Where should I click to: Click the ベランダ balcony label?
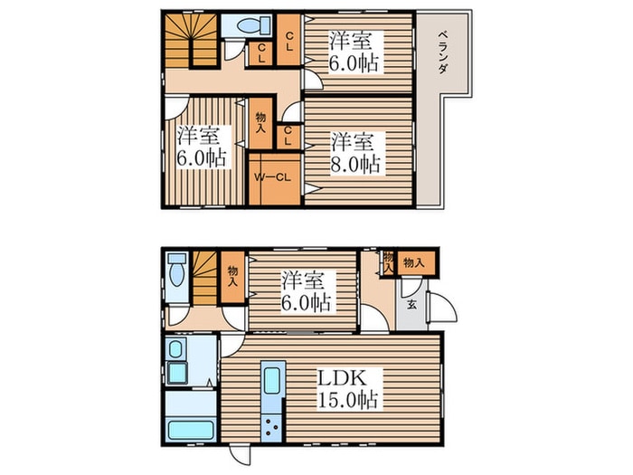(442, 52)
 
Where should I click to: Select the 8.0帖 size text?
(355, 165)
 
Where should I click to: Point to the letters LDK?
(343, 378)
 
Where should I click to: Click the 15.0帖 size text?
(348, 400)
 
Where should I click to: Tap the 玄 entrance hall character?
(411, 305)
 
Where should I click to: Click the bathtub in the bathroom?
(191, 430)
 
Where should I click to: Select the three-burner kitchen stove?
(271, 428)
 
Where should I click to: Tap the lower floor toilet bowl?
(176, 275)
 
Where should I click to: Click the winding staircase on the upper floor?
(192, 41)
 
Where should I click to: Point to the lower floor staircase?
(205, 279)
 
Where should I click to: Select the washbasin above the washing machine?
(175, 349)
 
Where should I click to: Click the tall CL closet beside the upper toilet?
(289, 40)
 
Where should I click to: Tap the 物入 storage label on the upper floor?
(260, 123)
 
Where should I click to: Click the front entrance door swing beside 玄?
(441, 307)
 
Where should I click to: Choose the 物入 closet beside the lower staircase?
(232, 277)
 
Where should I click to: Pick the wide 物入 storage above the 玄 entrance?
(415, 263)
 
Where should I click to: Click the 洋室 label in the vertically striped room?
(199, 136)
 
